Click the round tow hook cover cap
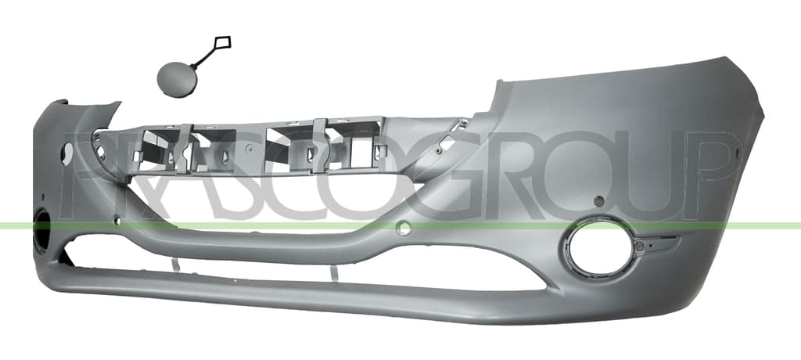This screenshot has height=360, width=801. click(177, 79)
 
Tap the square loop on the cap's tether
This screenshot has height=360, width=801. click(223, 42)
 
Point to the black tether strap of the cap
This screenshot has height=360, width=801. click(204, 58)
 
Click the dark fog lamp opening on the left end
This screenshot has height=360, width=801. click(42, 232)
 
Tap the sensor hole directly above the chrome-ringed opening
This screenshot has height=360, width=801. click(599, 201)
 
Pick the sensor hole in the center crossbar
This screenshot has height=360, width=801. click(404, 228)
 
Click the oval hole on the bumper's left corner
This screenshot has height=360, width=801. click(67, 154)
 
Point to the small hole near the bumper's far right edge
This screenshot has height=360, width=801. click(736, 153)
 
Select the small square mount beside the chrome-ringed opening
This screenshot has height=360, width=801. click(639, 246)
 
